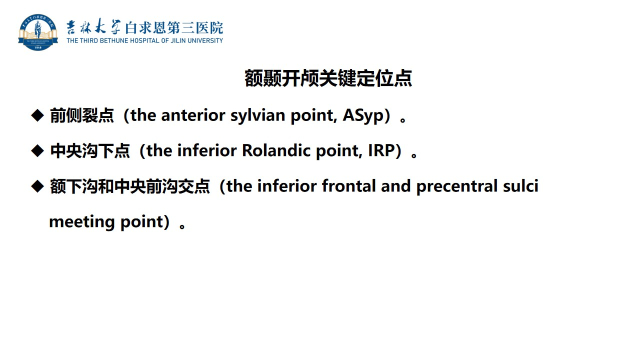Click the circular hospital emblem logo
tap(38, 32)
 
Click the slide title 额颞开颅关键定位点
tap(328, 78)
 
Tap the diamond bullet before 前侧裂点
tap(37, 115)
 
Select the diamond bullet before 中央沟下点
tap(37, 151)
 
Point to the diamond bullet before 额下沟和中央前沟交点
tap(37, 186)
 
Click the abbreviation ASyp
tap(363, 115)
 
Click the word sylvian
tap(257, 115)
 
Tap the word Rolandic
tap(276, 150)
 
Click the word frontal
tap(348, 186)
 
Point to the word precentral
tap(456, 186)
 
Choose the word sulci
tap(520, 186)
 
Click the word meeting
tap(82, 222)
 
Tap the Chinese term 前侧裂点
tap(82, 115)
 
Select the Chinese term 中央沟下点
tap(90, 151)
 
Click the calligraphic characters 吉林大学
tap(93, 27)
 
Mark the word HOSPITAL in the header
tap(145, 41)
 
